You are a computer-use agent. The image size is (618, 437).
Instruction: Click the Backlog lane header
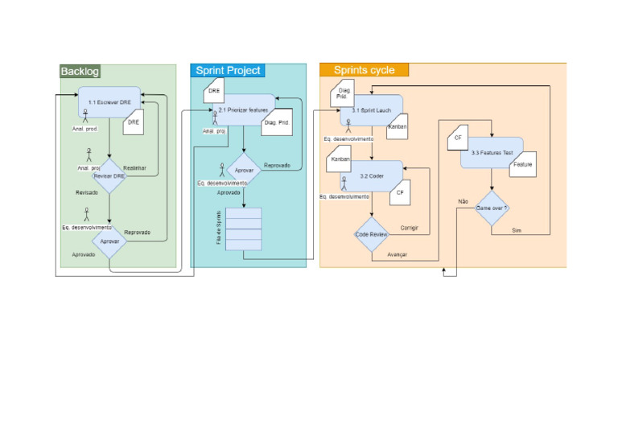(80, 72)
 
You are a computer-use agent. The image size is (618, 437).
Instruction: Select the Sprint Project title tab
(229, 71)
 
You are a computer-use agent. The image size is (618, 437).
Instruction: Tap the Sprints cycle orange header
(364, 70)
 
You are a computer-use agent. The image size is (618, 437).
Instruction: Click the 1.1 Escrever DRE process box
(109, 101)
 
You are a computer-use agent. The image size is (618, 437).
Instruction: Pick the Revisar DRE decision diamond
(109, 175)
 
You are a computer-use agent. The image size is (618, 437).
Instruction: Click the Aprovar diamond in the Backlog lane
(109, 241)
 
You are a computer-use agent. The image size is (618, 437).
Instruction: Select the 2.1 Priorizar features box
(242, 109)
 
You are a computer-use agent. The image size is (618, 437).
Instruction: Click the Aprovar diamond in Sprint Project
(244, 171)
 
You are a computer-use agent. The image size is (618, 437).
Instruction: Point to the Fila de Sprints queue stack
(244, 229)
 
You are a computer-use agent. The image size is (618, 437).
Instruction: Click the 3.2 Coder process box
(372, 175)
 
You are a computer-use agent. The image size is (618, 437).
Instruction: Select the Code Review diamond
(372, 233)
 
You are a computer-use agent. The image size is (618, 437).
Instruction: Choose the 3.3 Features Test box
(491, 152)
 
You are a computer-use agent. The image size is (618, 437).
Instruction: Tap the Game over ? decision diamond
(491, 208)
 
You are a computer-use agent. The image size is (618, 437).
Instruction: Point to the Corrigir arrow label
(410, 228)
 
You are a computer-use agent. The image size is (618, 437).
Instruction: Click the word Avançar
(397, 254)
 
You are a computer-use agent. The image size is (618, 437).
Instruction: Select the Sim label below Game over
(517, 230)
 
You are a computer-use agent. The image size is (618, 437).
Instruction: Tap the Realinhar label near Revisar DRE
(134, 167)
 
